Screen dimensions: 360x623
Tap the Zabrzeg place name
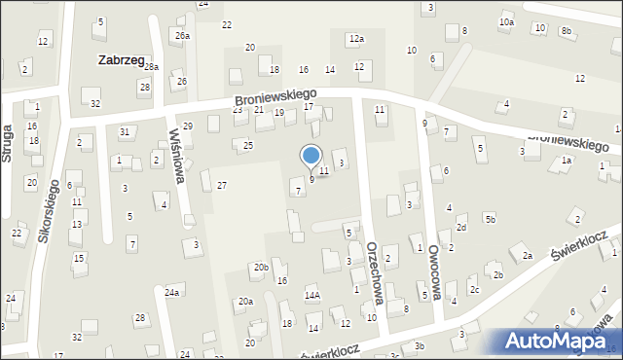click(122, 59)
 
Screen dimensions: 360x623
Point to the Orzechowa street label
click(375, 274)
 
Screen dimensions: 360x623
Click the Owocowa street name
click(434, 272)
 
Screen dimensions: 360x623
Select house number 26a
click(182, 35)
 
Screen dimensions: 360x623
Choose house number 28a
click(151, 67)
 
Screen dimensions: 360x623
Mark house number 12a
click(356, 39)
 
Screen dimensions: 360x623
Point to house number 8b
click(566, 30)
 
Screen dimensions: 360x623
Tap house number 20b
click(261, 267)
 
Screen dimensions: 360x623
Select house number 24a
click(171, 292)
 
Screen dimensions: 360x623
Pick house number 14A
click(312, 295)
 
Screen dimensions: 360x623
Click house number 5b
click(490, 218)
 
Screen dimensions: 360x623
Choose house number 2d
click(461, 228)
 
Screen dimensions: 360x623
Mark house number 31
click(125, 131)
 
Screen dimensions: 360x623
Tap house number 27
click(222, 185)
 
